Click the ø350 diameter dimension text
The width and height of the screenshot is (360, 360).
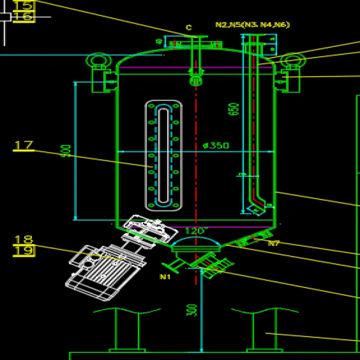click(216, 146)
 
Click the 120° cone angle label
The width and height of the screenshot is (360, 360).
click(196, 231)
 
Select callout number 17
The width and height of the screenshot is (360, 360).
click(24, 145)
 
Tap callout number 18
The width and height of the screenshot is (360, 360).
click(24, 239)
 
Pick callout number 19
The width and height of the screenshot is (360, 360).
click(24, 251)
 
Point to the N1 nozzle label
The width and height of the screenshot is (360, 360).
click(165, 277)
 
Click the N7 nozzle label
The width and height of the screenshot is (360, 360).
click(274, 243)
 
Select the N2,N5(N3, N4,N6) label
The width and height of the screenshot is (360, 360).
click(252, 25)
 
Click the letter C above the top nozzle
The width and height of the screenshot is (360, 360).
click(189, 28)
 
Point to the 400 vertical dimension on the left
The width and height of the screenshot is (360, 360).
click(66, 151)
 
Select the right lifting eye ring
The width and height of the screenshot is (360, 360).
click(293, 61)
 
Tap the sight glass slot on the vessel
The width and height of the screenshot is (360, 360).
click(163, 154)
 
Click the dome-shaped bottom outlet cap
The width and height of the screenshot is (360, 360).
click(195, 243)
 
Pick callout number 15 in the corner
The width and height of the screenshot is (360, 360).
click(24, 6)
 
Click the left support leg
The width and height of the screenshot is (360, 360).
click(127, 332)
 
